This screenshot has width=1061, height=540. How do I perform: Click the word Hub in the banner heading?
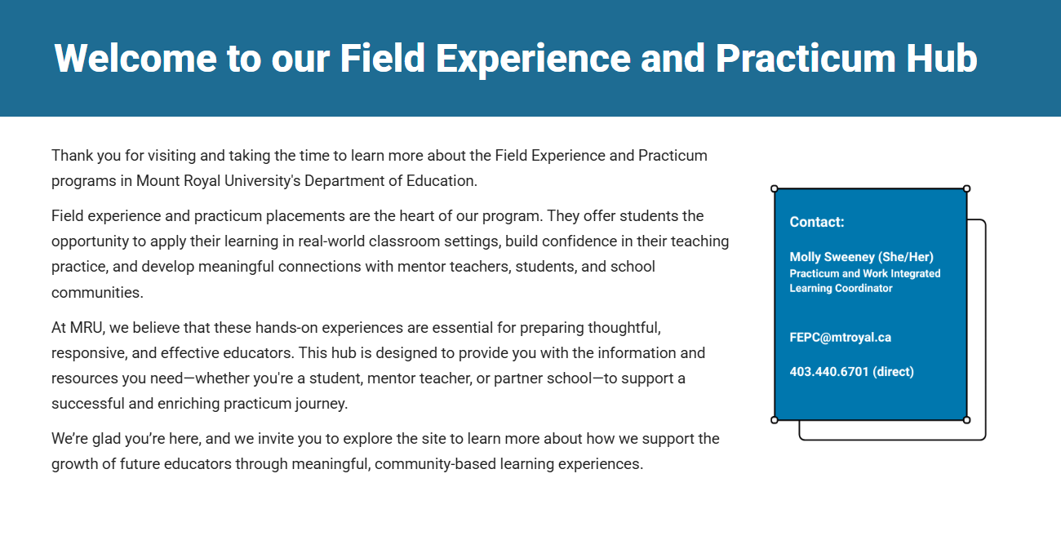(x=942, y=58)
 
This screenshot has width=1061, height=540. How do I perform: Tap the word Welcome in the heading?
(x=135, y=58)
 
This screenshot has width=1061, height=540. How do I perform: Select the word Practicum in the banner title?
(x=806, y=58)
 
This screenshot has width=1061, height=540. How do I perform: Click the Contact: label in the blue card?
(x=817, y=222)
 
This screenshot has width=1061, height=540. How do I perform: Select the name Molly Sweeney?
(x=832, y=257)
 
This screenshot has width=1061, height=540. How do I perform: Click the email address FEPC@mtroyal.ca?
(x=841, y=338)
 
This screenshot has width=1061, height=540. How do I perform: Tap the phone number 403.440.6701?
(x=829, y=371)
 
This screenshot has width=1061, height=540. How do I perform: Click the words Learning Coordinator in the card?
(x=841, y=288)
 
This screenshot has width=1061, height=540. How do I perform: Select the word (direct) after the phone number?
(x=894, y=371)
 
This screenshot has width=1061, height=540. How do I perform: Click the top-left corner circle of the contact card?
(x=775, y=188)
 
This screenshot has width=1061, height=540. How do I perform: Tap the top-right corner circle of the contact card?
(x=967, y=188)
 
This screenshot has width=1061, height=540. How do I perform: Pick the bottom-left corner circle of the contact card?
(x=775, y=420)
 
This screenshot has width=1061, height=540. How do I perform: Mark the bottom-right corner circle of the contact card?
(x=967, y=420)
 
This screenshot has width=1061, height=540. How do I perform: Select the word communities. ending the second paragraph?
(x=97, y=293)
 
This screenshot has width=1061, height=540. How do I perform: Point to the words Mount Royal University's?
(x=219, y=181)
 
